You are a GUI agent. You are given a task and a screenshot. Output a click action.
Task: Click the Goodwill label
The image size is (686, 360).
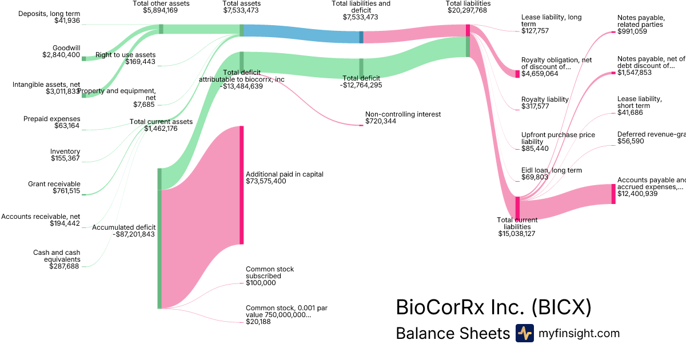coord(66,47)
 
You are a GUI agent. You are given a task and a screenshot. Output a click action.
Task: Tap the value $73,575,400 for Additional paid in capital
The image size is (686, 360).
coord(266,181)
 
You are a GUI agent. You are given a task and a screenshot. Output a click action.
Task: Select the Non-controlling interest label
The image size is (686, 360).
coord(403,114)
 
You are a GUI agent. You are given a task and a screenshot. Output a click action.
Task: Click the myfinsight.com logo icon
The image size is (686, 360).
coord(524,333)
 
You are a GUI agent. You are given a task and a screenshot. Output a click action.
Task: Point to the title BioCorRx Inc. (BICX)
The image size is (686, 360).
coord(493,307)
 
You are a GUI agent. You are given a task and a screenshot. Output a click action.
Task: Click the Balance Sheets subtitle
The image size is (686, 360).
coord(452,334)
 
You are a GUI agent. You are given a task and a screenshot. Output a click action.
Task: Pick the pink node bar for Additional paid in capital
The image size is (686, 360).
coord(242,185)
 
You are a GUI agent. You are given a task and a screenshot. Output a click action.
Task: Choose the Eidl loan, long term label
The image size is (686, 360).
coord(552,170)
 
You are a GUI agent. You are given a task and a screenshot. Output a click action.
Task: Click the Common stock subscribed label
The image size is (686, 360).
coord(270,273)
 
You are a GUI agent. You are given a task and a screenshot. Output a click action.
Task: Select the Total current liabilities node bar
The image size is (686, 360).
coord(518,207)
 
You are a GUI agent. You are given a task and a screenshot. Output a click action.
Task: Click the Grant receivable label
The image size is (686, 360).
coord(54,184)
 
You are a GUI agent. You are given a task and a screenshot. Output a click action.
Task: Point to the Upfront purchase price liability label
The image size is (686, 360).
coord(558,138)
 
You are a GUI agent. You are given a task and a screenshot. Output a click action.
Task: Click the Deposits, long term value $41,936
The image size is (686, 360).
coord(67,21)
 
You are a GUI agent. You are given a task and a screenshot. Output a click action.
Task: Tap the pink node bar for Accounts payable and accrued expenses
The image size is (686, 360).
coord(613,194)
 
